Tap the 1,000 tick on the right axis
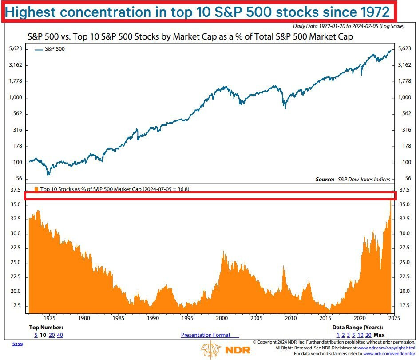404,98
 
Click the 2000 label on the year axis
222,318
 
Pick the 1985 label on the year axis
119,318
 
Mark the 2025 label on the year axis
394,318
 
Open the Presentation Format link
210,335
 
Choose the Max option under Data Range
379,335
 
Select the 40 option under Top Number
60,335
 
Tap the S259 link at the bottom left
17,344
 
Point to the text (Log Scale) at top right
392,27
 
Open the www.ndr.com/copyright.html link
386,348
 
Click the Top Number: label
44,328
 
